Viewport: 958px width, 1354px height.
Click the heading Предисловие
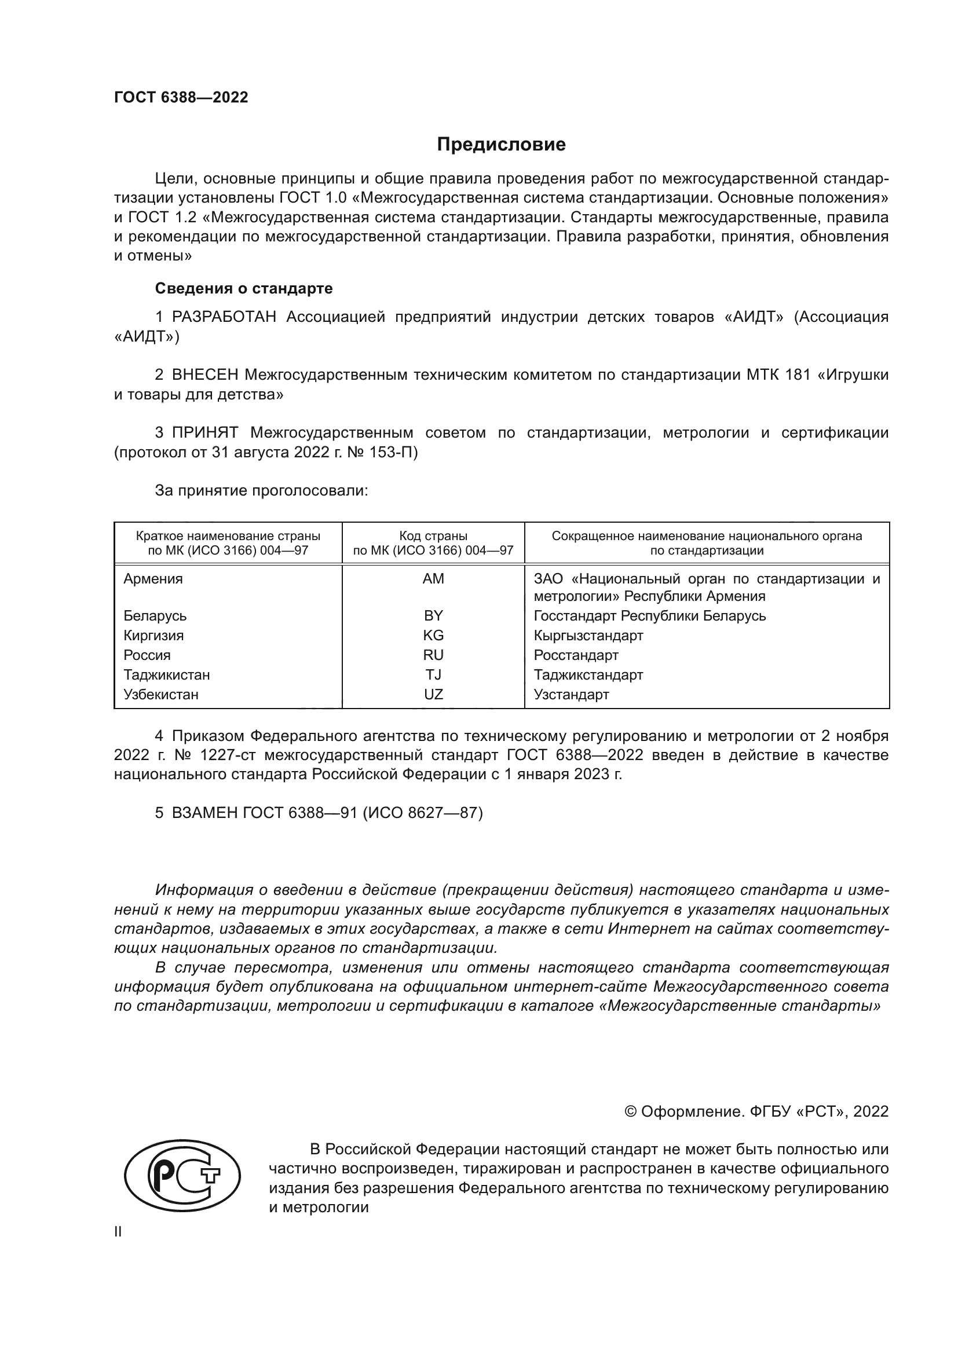coord(501,145)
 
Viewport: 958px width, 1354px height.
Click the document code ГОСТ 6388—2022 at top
coord(181,98)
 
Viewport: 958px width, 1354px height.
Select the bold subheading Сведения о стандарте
coord(244,288)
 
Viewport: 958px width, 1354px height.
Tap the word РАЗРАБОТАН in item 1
coord(224,317)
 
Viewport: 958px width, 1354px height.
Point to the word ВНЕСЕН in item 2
coord(205,375)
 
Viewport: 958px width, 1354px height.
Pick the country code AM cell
coord(433,579)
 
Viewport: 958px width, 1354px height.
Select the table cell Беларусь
coord(155,616)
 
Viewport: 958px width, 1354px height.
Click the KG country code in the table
coord(433,636)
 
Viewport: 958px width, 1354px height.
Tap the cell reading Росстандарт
coord(576,655)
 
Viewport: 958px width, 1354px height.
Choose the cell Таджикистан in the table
coord(166,674)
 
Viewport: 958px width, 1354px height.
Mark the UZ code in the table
coord(433,695)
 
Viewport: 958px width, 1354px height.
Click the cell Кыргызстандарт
coord(588,636)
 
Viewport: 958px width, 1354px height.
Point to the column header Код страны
coord(433,536)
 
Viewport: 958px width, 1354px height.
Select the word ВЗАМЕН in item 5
coord(204,813)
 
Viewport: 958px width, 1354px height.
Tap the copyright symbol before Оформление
coord(630,1112)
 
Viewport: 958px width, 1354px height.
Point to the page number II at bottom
coord(118,1232)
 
